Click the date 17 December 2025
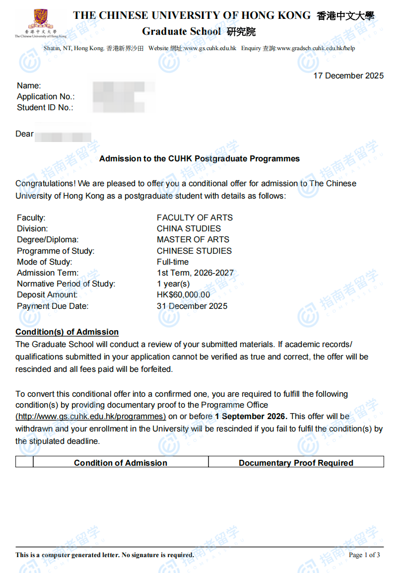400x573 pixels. click(x=348, y=76)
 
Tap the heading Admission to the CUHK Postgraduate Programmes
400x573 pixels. click(x=200, y=159)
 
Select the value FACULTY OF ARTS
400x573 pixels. click(x=195, y=217)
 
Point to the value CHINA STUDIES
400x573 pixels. click(x=189, y=228)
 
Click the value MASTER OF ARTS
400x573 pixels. click(x=193, y=239)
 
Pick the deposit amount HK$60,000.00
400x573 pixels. click(x=183, y=295)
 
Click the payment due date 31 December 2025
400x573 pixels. click(x=192, y=306)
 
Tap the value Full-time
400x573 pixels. click(x=173, y=262)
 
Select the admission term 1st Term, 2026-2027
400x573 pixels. click(x=195, y=273)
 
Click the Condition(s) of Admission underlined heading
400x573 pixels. click(x=67, y=332)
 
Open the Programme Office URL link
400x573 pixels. click(x=91, y=416)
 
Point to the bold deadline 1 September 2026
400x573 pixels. click(x=251, y=416)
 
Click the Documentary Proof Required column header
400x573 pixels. click(x=296, y=463)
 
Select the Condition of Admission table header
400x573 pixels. click(x=121, y=463)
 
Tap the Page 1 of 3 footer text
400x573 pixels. click(x=364, y=555)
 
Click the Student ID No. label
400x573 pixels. click(x=45, y=107)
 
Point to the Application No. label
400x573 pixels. click(x=46, y=96)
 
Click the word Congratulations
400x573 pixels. click(x=45, y=183)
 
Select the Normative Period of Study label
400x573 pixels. click(x=66, y=284)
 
